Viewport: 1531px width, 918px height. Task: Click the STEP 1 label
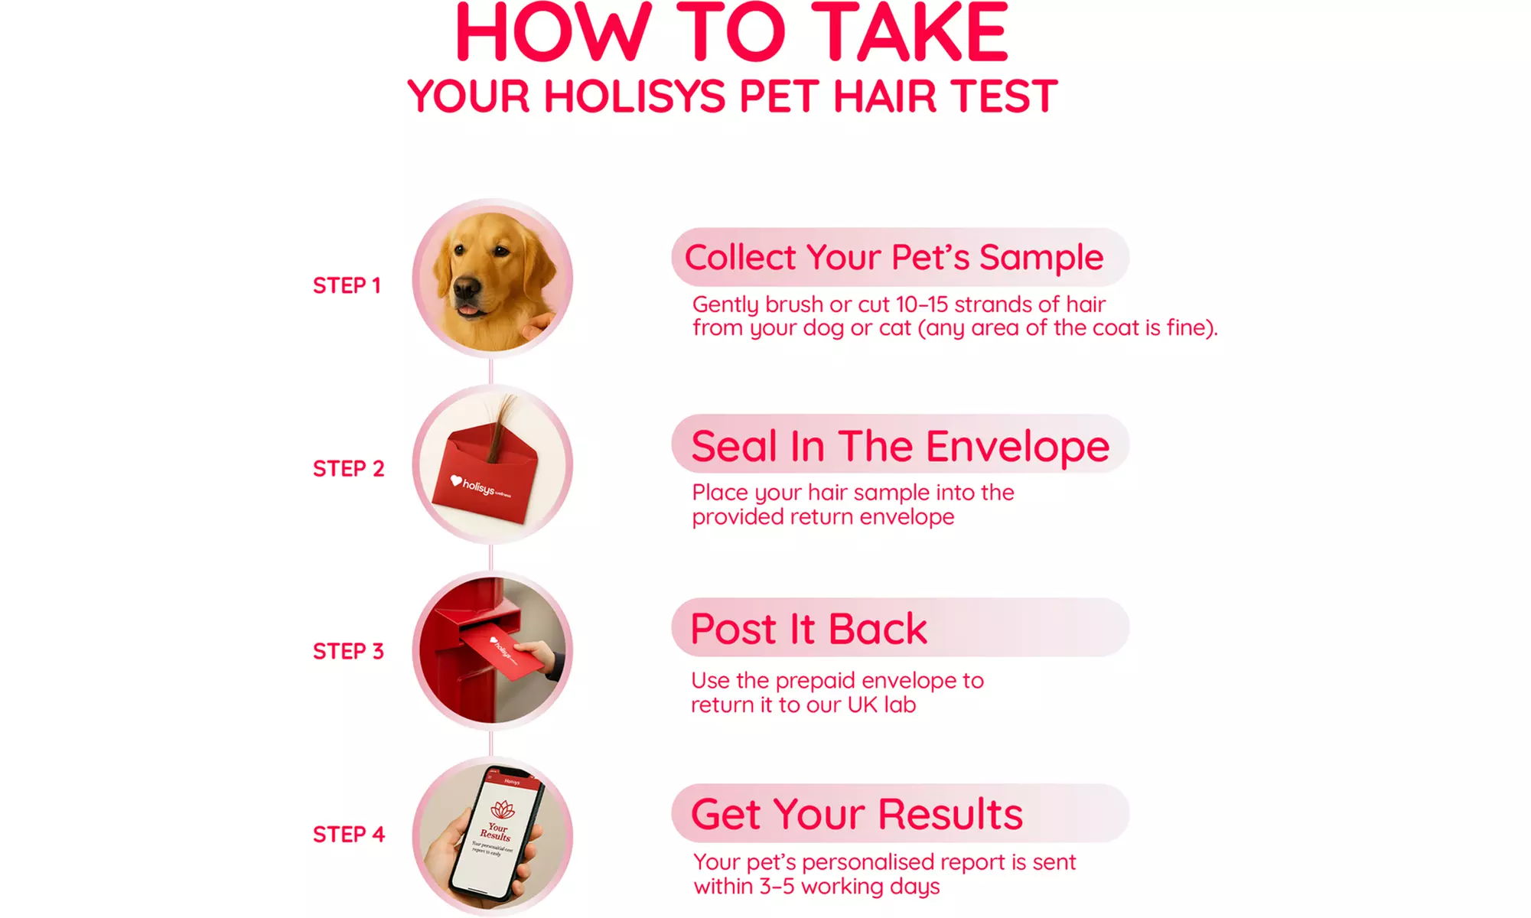pos(347,285)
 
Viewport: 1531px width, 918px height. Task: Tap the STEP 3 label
pos(348,651)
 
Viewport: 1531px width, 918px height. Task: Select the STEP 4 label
pos(348,834)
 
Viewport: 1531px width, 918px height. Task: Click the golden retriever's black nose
pos(466,288)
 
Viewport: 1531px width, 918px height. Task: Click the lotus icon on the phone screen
pos(503,809)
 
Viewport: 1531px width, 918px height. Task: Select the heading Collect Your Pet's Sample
pos(894,257)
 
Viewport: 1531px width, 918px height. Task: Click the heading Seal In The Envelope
pos(900,446)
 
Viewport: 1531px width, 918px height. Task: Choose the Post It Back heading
pos(808,629)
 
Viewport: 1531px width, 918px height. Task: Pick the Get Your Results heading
pos(856,814)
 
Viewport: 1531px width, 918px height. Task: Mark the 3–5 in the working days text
pos(777,887)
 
